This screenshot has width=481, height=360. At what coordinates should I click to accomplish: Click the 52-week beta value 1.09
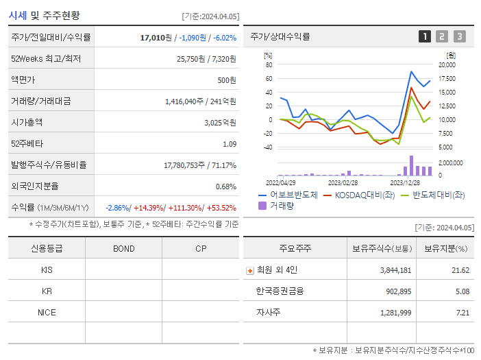click(x=229, y=144)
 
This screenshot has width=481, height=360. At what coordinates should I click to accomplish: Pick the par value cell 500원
click(x=226, y=80)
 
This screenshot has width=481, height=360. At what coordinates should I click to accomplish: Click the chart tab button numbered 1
click(x=425, y=36)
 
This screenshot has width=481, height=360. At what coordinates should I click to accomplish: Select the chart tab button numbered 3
click(x=459, y=36)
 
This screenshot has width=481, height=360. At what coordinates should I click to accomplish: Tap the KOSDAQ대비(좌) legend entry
click(x=362, y=195)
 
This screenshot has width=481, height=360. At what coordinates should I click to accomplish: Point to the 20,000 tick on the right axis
click(x=447, y=65)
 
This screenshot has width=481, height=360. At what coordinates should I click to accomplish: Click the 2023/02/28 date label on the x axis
click(x=343, y=183)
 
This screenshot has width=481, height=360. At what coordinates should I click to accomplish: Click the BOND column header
click(x=123, y=248)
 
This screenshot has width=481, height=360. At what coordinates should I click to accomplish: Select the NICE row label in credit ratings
click(x=47, y=312)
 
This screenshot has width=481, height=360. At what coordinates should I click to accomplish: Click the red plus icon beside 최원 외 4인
click(x=249, y=270)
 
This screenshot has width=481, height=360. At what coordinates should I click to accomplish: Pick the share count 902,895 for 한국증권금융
click(x=395, y=291)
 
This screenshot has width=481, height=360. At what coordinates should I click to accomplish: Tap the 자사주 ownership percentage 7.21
click(x=463, y=313)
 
